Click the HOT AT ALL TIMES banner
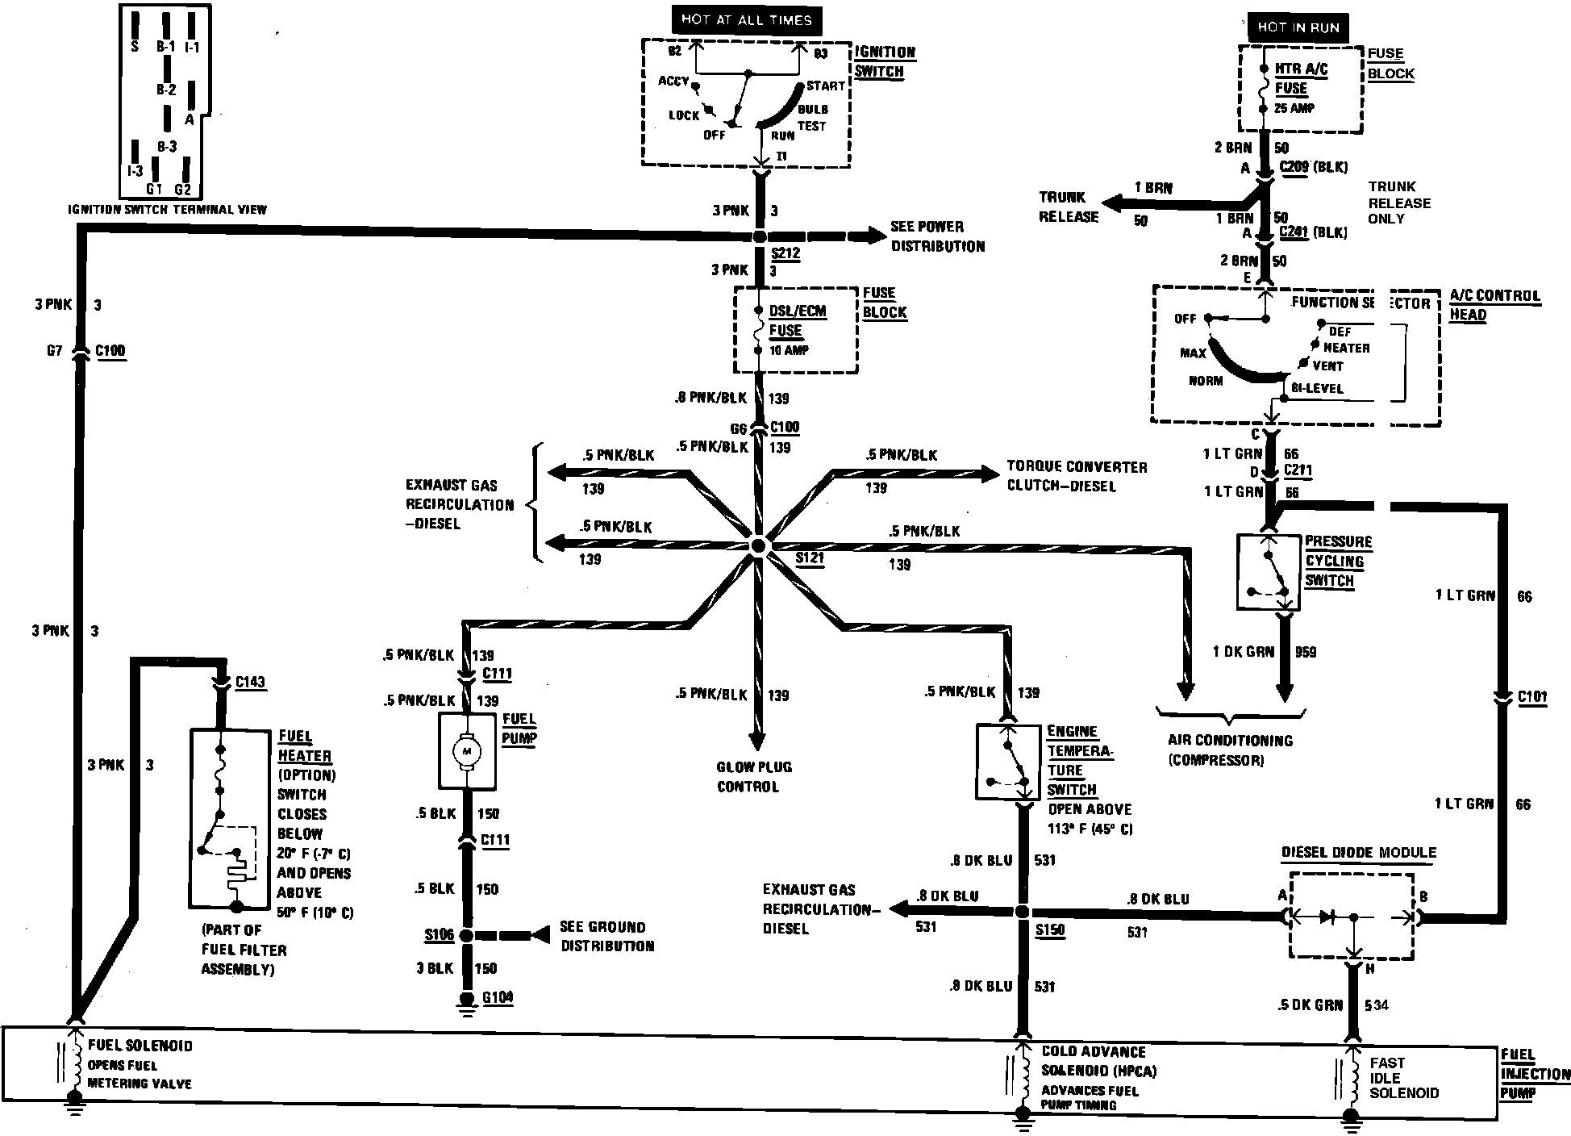pos(746,20)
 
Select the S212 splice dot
pos(759,236)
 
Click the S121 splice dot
pos(758,546)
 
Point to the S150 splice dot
pos(1021,912)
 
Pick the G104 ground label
pos(497,998)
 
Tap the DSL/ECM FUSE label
pos(797,321)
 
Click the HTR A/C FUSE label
pos(1300,79)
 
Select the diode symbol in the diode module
pos(1327,917)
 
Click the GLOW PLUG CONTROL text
pos(754,777)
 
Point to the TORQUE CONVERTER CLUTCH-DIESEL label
pos(1076,476)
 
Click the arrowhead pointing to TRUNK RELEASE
pos(1113,205)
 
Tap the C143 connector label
pos(249,683)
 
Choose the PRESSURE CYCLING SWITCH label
pos(1338,561)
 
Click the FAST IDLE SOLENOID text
pos(1403,1078)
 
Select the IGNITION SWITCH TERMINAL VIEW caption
pos(167,210)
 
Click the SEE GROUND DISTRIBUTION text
pos(606,937)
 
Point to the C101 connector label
pos(1531,697)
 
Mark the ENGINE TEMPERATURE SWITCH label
pos(1079,760)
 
